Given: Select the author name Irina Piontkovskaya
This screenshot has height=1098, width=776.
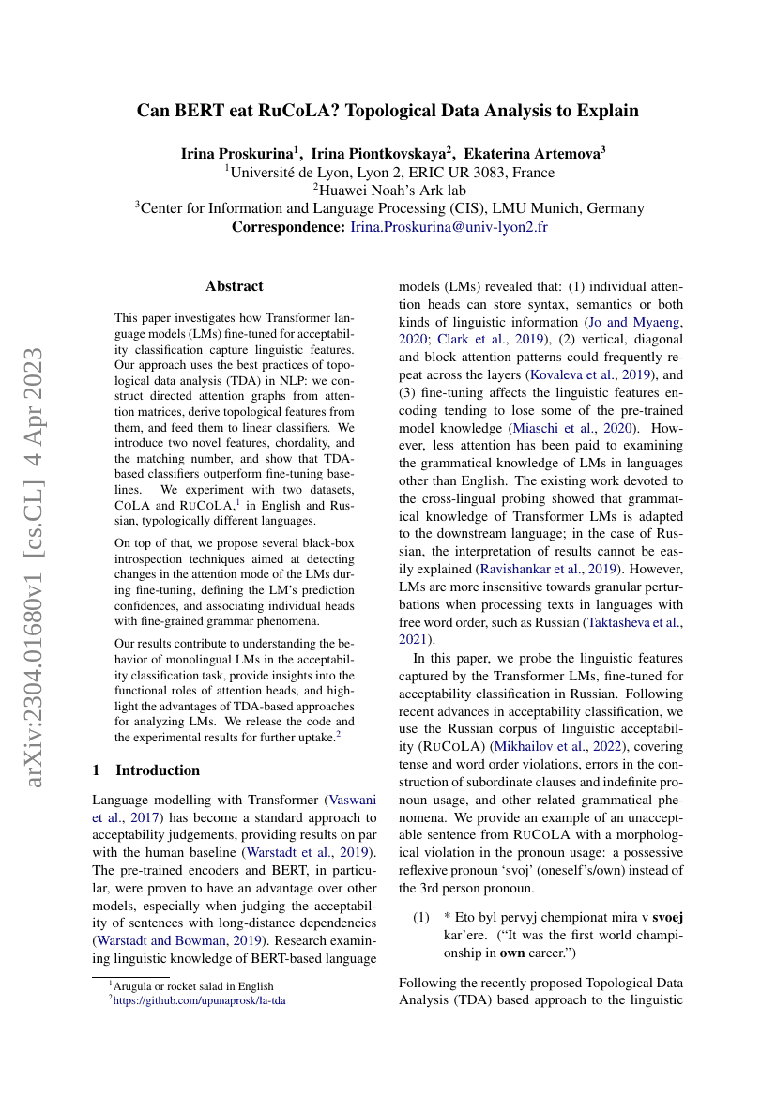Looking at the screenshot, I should tap(378, 153).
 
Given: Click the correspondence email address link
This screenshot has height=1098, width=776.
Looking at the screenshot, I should tap(449, 227).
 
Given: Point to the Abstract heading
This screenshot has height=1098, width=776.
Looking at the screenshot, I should tap(235, 286).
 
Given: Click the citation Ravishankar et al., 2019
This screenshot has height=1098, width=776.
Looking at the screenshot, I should tap(531, 568).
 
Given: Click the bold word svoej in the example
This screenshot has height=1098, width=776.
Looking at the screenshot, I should tap(665, 916).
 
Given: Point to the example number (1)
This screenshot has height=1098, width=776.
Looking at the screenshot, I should tap(422, 916).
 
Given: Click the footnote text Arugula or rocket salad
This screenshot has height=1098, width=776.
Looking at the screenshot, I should tap(195, 986).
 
